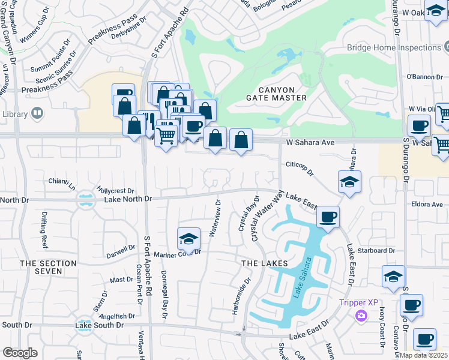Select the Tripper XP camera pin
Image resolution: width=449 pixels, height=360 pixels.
click(x=361, y=316)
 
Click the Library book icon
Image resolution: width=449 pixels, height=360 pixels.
click(x=37, y=113)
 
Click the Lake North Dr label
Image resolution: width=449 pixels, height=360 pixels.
click(x=128, y=199)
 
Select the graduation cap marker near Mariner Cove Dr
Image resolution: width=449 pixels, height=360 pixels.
click(x=188, y=239)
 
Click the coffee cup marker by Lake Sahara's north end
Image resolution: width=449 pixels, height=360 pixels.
click(x=328, y=217)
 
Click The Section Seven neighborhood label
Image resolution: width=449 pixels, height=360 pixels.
click(x=48, y=267)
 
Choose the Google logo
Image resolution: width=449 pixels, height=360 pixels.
click(x=20, y=353)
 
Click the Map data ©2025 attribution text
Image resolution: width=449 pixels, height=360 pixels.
click(x=423, y=355)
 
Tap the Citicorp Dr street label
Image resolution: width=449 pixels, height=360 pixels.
click(x=301, y=168)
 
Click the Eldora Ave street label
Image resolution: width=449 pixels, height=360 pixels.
click(x=427, y=205)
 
